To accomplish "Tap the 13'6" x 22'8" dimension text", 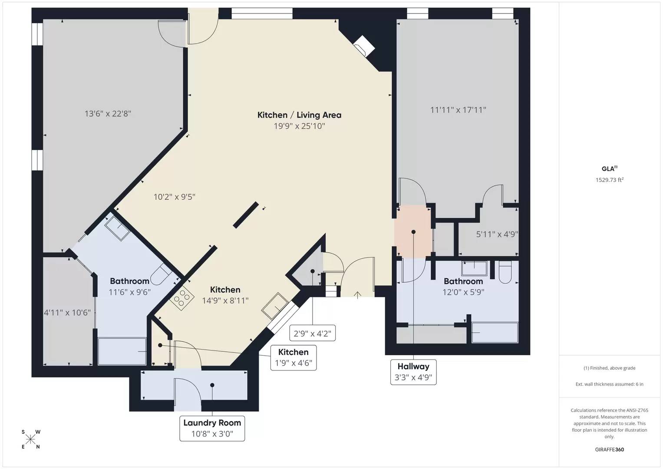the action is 108,114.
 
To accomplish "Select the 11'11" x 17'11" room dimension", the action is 458,110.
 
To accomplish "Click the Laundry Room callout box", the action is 212,429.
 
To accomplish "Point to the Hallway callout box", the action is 413,372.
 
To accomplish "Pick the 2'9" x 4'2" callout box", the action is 312,333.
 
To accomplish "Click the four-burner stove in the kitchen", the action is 182,298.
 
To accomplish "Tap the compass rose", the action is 30,439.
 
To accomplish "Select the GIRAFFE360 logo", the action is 610,449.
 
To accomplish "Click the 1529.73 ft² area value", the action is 610,180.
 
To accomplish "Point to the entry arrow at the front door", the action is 357,295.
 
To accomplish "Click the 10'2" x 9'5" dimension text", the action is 175,197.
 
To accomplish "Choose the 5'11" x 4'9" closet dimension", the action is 497,234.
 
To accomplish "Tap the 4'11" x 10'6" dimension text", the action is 67,313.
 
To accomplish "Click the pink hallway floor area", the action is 413,231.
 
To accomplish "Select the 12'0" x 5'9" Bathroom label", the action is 463,286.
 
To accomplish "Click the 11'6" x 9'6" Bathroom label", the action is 130,286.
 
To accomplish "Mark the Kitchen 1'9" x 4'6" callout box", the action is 294,358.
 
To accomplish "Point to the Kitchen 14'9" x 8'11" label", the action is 225,295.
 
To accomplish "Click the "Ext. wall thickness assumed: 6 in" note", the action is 610,384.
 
